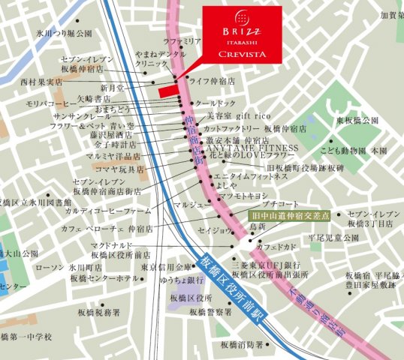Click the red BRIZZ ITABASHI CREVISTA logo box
243,34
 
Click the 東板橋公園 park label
357,121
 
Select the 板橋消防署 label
242,345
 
